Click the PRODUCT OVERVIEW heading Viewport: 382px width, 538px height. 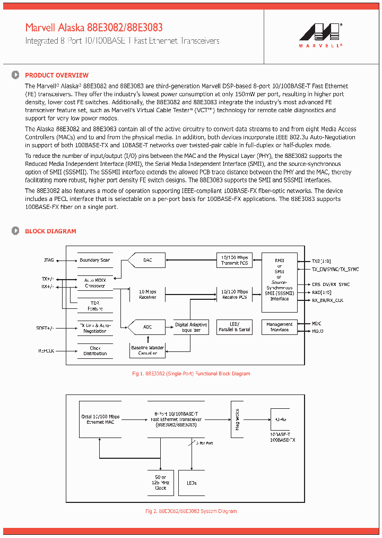pos(57,75)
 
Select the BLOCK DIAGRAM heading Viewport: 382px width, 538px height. pos(50,231)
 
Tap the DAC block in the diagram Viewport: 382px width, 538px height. pos(147,260)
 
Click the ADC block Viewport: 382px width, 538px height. pos(147,327)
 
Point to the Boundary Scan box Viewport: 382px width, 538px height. pos(95,260)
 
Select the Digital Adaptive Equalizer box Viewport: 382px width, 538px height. pos(192,327)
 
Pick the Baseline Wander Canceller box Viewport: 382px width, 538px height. pos(147,350)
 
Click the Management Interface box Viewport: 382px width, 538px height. pos(279,327)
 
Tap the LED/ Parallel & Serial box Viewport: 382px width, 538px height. pos(235,327)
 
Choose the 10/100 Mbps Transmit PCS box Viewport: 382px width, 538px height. pos(235,260)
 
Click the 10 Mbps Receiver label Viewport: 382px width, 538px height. pos(147,294)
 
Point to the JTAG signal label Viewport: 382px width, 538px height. pos(48,260)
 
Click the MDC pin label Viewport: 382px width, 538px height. pos(317,323)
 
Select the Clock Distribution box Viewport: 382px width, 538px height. pos(95,351)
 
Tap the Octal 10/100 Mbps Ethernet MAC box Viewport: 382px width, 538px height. pos(101,419)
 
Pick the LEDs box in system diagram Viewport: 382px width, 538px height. pos(192,483)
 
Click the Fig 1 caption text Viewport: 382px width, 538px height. pos(190,374)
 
